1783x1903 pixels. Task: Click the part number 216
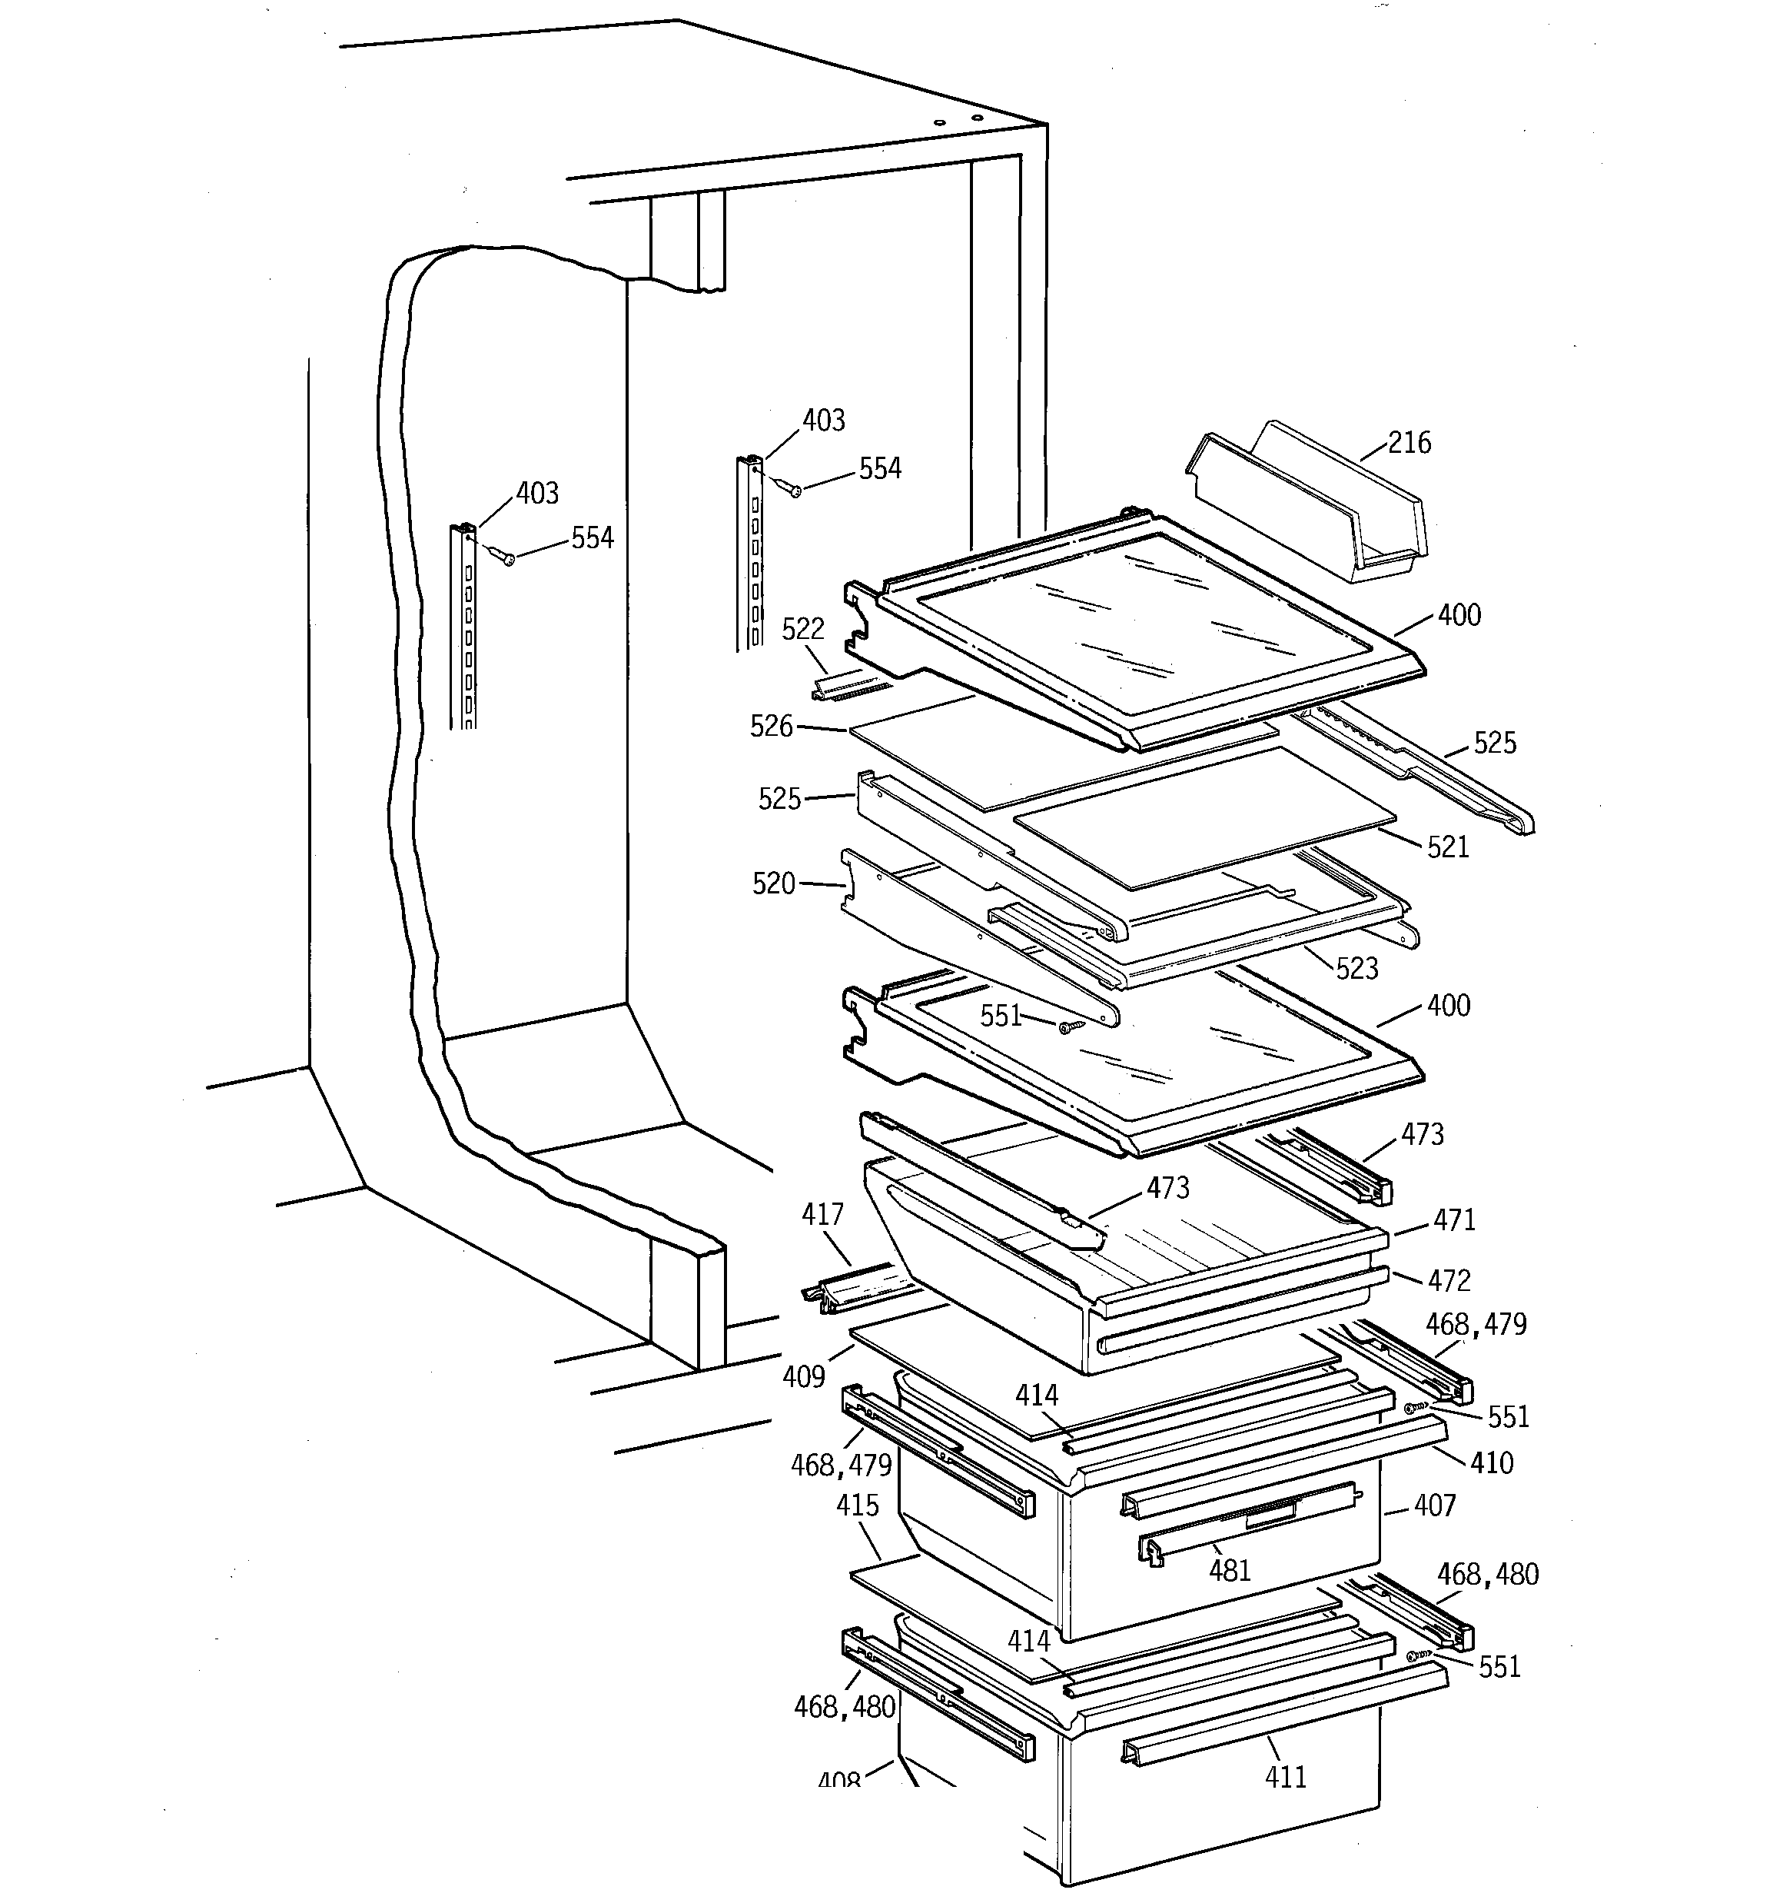click(1409, 443)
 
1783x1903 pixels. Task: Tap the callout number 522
click(802, 630)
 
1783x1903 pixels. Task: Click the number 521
click(1447, 847)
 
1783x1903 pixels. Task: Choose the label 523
click(1356, 969)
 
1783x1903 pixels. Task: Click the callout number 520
click(773, 883)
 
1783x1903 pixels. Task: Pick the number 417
click(822, 1215)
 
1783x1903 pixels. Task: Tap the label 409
click(803, 1376)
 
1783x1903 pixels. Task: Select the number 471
click(1454, 1220)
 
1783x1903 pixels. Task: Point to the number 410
click(1492, 1462)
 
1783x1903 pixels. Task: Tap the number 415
click(857, 1505)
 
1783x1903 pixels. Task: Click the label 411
click(1285, 1778)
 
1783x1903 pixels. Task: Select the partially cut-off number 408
click(839, 1781)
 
